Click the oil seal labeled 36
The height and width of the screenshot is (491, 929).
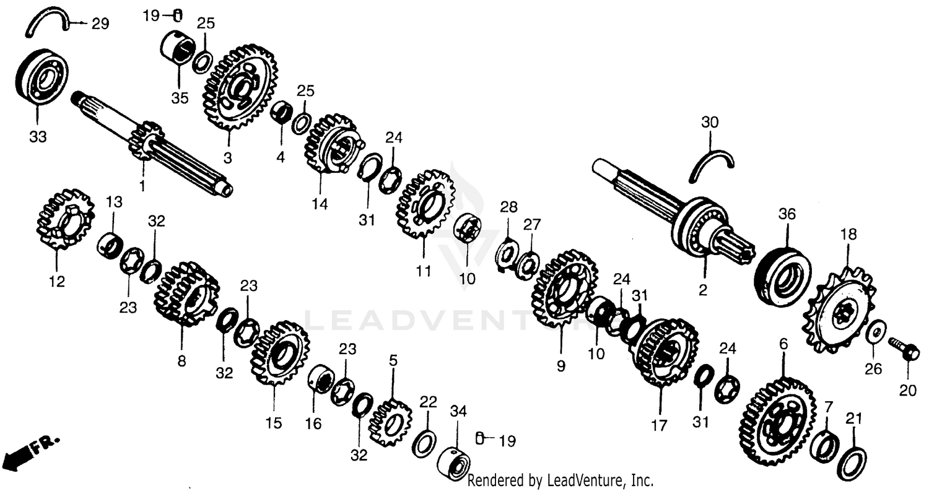coord(782,275)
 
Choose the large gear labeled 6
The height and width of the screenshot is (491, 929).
coord(776,421)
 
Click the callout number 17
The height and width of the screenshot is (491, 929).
coord(659,425)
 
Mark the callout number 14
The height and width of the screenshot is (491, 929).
coord(320,204)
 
